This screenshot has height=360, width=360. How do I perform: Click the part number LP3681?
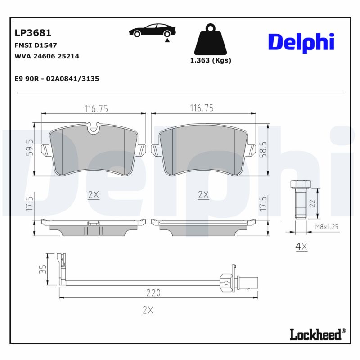click(x=33, y=33)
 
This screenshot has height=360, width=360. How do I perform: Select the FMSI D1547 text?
click(x=36, y=45)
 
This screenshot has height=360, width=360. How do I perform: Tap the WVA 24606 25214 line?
click(x=47, y=56)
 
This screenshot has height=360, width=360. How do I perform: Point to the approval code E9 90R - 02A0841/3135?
click(x=57, y=79)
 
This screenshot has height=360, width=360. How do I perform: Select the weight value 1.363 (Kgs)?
click(x=210, y=61)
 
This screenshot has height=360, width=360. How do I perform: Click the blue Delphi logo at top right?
click(x=301, y=42)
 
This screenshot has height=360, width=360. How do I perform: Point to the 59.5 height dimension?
click(x=29, y=147)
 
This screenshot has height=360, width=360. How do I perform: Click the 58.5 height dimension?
click(x=264, y=148)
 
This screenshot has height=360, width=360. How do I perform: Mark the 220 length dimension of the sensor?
click(x=153, y=293)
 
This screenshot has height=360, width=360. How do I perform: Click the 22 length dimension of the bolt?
click(x=312, y=203)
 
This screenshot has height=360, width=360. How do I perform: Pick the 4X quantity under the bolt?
click(x=301, y=246)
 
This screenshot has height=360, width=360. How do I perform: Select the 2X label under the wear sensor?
click(x=148, y=310)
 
